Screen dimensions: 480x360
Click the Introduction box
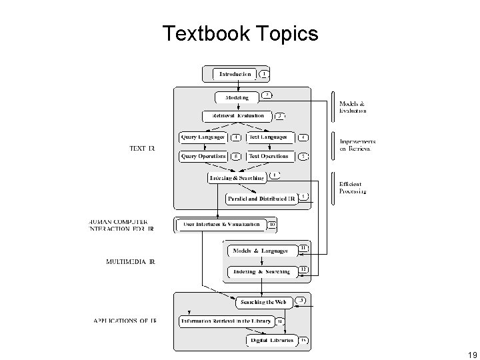(235, 74)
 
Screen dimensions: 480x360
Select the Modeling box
(237, 97)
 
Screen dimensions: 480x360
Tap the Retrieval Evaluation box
(238, 116)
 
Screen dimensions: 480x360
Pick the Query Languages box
(201, 137)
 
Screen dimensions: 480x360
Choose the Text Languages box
(269, 137)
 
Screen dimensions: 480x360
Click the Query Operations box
(202, 157)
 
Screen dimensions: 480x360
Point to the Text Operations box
(269, 157)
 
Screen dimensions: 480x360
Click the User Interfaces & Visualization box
(221, 225)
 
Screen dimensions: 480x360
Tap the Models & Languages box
(260, 251)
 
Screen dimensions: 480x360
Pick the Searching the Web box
(263, 302)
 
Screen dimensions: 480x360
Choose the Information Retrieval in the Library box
(227, 321)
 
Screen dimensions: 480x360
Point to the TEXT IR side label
(141, 148)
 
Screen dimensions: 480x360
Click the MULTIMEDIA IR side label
(131, 262)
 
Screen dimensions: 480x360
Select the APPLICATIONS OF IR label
(125, 321)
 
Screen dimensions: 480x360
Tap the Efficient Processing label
(353, 187)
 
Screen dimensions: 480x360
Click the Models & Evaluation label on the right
(353, 107)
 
